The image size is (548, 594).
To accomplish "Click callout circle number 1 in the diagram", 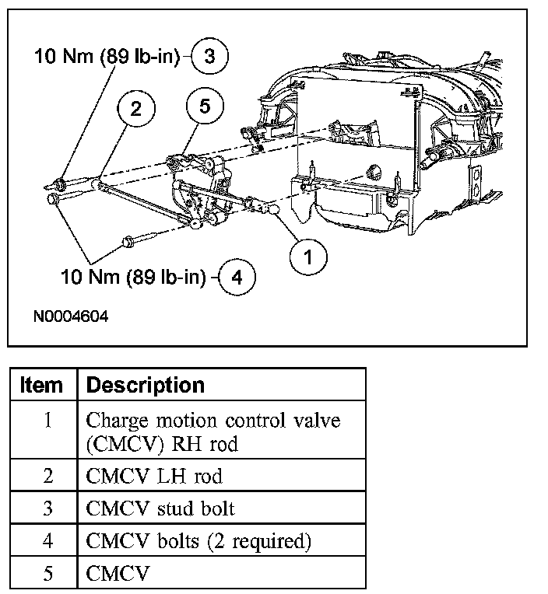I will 309,257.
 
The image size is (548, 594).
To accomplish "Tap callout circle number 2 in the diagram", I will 136,110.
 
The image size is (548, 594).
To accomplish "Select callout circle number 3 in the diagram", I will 211,56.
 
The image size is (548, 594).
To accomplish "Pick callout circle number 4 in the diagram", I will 237,278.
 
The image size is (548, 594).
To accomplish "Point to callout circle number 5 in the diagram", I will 205,107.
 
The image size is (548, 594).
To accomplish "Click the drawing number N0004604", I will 70,317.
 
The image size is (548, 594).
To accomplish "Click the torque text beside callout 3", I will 107,56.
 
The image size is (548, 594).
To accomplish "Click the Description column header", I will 146,385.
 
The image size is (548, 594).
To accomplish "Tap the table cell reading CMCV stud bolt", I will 160,509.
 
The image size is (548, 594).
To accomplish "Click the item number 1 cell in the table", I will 47,421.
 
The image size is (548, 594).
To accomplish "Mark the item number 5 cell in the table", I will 47,574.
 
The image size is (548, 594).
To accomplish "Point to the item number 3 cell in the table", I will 47,509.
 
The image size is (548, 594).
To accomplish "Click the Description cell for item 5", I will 109,574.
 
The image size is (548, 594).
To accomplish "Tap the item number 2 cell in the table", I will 47,476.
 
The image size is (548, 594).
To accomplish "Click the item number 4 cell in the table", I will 47,542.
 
